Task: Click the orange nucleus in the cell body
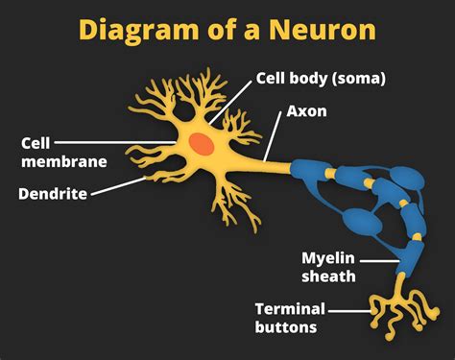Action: coord(202,143)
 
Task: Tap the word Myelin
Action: coord(329,259)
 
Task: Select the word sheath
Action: coord(329,276)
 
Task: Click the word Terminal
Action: coord(290,308)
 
